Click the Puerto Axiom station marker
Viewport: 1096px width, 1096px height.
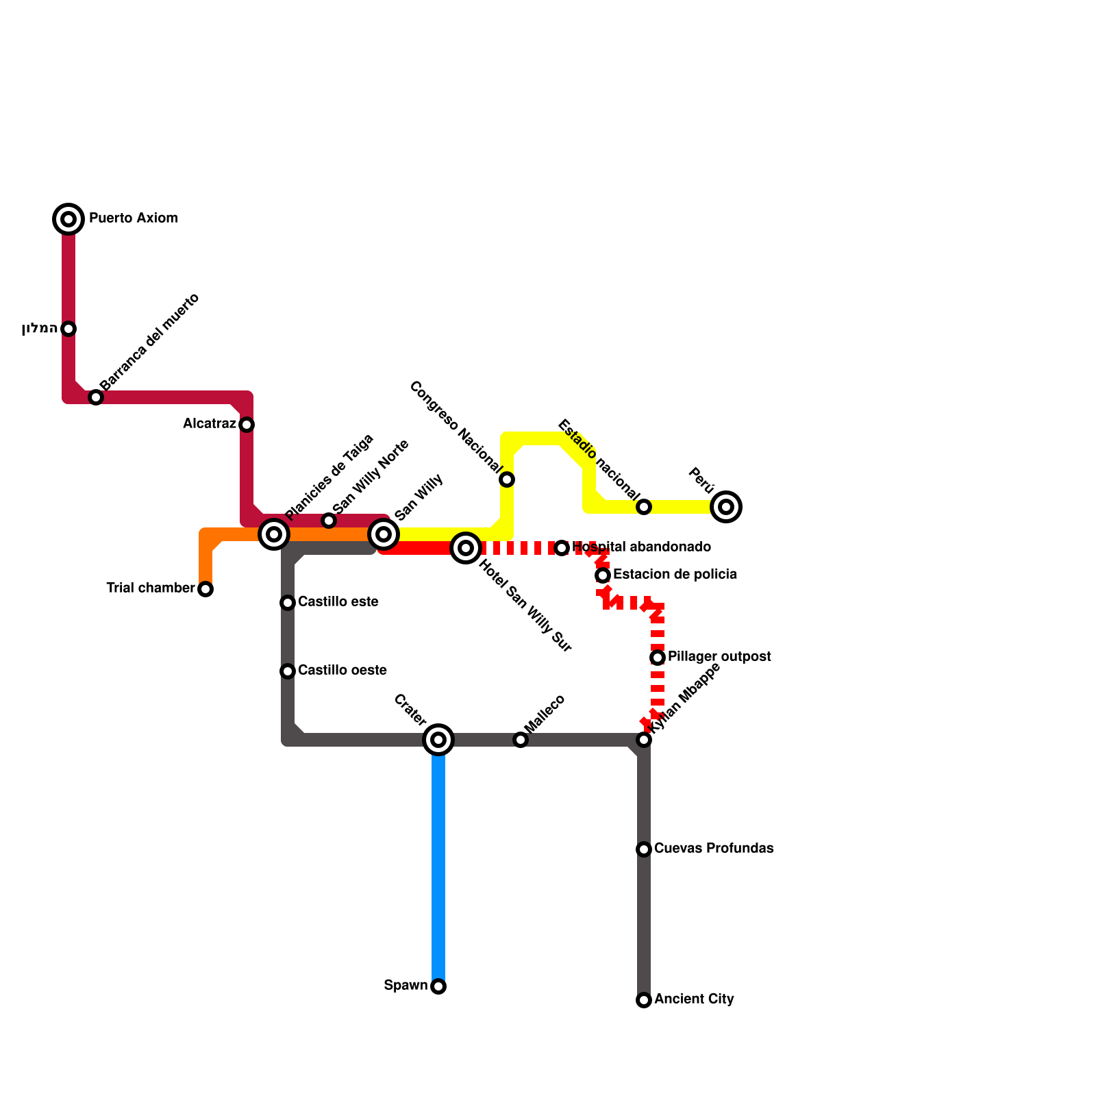[68, 219]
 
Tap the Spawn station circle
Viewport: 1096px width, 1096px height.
[438, 986]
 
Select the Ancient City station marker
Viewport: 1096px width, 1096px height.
[644, 1000]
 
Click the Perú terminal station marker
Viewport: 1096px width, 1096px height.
[726, 507]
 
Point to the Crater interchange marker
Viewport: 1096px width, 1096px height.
[438, 740]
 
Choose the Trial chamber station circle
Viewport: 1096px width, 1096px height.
[206, 589]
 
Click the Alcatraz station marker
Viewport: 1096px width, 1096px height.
[247, 425]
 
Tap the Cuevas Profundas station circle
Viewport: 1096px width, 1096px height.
[644, 849]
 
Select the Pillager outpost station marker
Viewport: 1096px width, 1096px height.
[658, 658]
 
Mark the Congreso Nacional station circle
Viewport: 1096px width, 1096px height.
[507, 480]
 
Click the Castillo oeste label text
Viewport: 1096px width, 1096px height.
[342, 671]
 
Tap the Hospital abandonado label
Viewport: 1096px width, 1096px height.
[641, 547]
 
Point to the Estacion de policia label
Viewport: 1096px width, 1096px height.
[675, 575]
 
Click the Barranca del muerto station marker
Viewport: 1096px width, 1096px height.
[96, 397]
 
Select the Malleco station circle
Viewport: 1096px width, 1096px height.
[521, 740]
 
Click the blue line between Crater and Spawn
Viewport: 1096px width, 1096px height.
[438, 863]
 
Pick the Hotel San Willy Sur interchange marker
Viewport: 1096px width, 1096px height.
[466, 548]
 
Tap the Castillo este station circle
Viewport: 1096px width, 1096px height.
[288, 603]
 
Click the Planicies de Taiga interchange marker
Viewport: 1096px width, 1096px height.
[274, 534]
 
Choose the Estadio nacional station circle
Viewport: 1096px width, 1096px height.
[644, 507]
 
